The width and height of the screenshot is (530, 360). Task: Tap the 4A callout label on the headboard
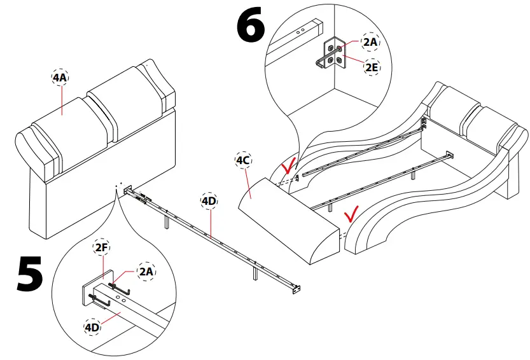pos(60,78)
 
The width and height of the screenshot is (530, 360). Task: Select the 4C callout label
pos(243,160)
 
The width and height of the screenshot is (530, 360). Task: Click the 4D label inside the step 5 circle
pos(94,327)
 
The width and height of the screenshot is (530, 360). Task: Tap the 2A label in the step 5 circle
pos(146,272)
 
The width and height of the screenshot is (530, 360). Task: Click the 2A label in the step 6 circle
pos(370,42)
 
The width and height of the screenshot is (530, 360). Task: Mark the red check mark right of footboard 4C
pos(351,212)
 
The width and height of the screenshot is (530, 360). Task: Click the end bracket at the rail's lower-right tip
pos(295,290)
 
